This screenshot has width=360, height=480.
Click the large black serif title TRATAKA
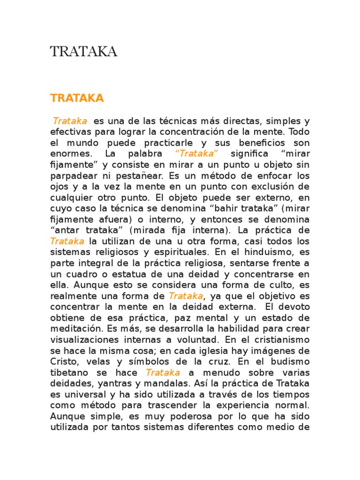(x=83, y=52)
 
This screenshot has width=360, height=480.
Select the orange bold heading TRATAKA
(x=77, y=98)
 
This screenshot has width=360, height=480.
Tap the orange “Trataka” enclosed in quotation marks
(x=196, y=153)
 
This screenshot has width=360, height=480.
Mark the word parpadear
(x=72, y=176)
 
